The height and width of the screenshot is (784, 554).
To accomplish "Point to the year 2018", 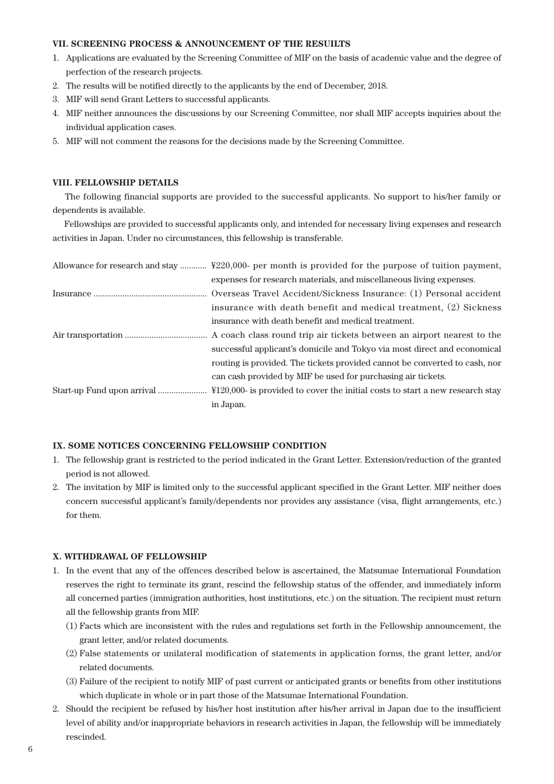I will [x=377, y=86].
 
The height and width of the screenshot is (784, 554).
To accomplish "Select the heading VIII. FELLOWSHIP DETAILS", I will [x=115, y=183].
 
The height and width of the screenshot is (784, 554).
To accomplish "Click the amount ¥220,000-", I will [x=231, y=266].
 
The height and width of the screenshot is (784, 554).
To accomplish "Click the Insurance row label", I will [x=72, y=294].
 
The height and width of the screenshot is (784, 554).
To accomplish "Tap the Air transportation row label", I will [x=87, y=335].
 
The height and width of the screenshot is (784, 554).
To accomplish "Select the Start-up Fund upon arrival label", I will [x=104, y=391].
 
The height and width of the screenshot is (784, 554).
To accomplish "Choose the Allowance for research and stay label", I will [x=115, y=266].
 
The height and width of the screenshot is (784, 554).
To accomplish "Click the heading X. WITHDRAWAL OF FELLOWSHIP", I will [x=129, y=557].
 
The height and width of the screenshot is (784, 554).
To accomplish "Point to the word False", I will [x=90, y=654].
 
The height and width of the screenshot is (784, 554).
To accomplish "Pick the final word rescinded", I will [x=86, y=737].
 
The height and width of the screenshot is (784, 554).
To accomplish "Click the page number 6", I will [x=30, y=750].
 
